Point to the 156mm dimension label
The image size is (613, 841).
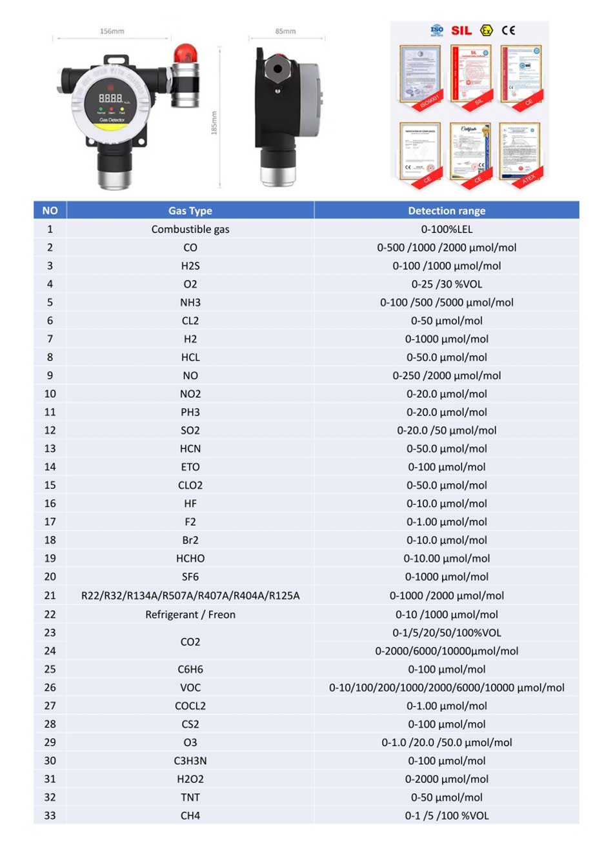112,31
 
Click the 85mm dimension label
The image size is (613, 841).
285,31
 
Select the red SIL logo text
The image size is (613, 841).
461,30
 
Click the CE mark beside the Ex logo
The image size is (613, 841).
508,30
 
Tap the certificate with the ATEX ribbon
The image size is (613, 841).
520,153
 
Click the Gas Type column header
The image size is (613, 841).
190,210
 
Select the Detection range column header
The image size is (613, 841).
447,210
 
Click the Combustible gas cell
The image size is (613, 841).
190,229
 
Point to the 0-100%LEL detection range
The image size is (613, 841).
447,229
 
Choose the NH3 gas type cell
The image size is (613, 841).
190,302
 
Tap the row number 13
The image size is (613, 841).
50,448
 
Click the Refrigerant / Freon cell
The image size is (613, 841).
190,615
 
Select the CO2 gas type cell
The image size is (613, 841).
190,642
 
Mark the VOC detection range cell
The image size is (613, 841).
447,688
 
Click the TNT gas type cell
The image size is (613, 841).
190,797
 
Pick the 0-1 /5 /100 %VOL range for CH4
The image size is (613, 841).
447,816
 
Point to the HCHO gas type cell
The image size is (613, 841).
190,559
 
